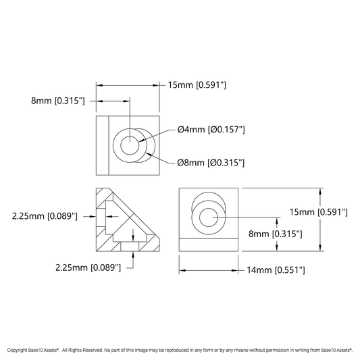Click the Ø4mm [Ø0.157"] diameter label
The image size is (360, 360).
click(x=211, y=130)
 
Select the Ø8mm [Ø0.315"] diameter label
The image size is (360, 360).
click(x=211, y=163)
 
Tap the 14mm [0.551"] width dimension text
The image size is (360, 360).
click(x=276, y=270)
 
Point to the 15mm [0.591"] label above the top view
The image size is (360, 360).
click(x=197, y=85)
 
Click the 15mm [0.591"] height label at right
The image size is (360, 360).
click(x=318, y=212)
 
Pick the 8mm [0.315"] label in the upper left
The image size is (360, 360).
click(x=58, y=101)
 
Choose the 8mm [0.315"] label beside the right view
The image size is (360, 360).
click(x=276, y=234)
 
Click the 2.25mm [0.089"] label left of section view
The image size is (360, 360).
click(x=45, y=216)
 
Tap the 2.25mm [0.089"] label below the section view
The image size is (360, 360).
click(x=88, y=267)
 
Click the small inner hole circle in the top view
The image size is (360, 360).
click(x=130, y=136)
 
